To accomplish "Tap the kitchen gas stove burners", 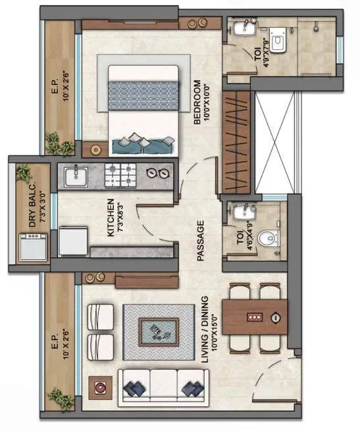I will [x=121, y=175].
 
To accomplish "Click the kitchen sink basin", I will [x=76, y=175].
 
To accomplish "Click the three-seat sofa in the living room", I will [x=161, y=384].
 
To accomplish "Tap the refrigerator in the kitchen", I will [x=72, y=241].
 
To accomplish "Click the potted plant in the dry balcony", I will [x=24, y=172].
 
